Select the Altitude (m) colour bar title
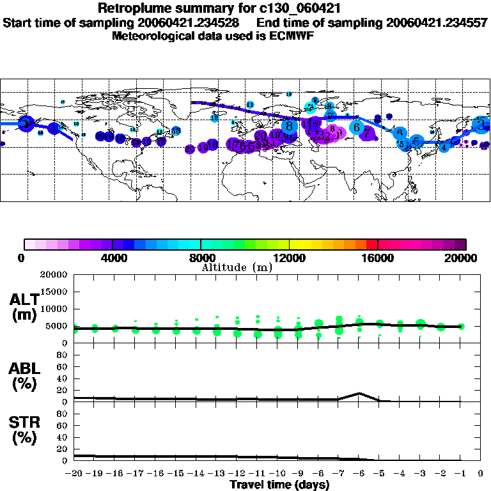[237, 267]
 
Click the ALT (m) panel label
[24, 307]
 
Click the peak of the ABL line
[360, 393]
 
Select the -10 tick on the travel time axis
[277, 474]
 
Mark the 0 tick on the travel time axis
[481, 474]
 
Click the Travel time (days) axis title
[279, 485]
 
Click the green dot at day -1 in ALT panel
[461, 326]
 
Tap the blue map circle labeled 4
[444, 148]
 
